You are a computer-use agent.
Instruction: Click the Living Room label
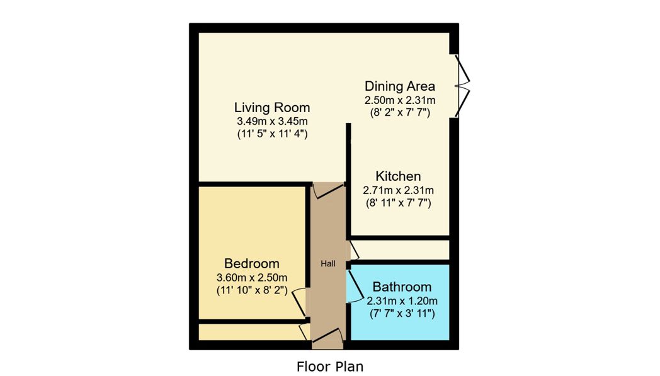click(272, 107)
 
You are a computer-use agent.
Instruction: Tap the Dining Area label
click(399, 86)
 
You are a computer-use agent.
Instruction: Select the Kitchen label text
click(398, 176)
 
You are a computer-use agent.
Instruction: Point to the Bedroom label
click(252, 264)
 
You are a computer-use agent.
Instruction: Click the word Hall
click(328, 264)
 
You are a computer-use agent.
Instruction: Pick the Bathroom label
click(402, 287)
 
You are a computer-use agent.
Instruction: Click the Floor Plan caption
click(329, 367)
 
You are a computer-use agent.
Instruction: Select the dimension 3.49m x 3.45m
click(272, 122)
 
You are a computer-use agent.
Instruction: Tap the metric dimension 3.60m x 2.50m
click(252, 278)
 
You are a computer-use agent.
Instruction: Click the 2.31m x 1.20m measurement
click(402, 301)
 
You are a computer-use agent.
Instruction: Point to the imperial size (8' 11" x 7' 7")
click(398, 203)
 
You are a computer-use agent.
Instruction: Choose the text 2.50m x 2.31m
click(400, 100)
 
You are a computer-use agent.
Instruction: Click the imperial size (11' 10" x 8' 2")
click(252, 290)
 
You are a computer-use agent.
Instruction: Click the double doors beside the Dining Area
click(462, 86)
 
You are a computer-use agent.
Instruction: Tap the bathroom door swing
click(355, 287)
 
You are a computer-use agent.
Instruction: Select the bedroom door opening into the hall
click(300, 302)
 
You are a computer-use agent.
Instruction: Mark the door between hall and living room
click(328, 190)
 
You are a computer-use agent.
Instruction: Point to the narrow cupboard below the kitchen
click(400, 250)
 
